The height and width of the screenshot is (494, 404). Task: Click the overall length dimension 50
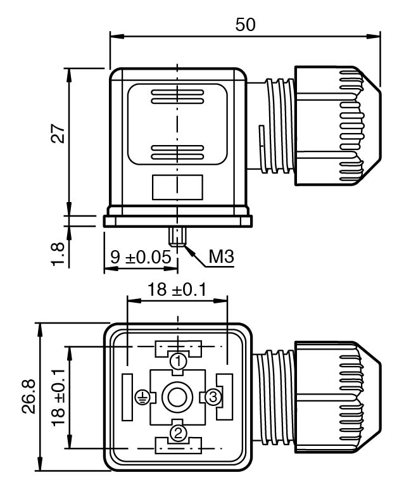[x=245, y=24]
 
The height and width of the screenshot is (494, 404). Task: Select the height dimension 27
[x=58, y=133]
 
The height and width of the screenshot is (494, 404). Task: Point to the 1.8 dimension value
[x=58, y=254]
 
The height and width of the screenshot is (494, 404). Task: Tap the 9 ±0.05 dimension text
[x=141, y=256]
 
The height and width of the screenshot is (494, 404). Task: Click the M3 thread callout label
[x=222, y=256]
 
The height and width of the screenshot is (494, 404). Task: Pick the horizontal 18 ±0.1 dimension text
[x=177, y=289]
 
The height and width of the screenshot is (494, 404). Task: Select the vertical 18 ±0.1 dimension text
[x=58, y=398]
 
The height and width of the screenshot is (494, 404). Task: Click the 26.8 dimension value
[x=28, y=396]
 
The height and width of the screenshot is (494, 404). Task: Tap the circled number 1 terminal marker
[x=179, y=361]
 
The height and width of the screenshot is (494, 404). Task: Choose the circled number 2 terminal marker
[x=178, y=433]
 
